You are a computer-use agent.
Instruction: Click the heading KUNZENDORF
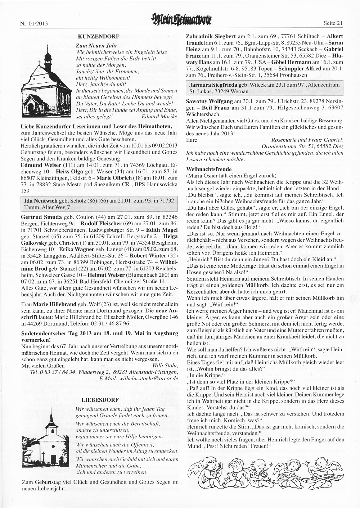pyautogui.click(x=93, y=37)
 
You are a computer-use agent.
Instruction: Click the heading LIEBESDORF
pyautogui.click(x=95, y=400)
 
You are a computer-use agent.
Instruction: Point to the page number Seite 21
pyautogui.click(x=334, y=24)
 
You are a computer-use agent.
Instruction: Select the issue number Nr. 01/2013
pyautogui.click(x=34, y=24)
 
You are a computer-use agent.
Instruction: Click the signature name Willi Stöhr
pyautogui.click(x=165, y=366)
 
